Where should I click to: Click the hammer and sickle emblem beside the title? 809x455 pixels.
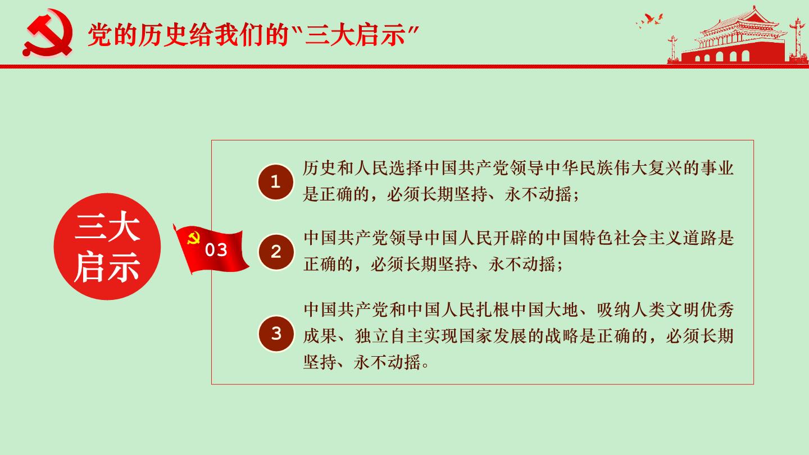pos(48,33)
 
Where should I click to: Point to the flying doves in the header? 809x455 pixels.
pos(649,20)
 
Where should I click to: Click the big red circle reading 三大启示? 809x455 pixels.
pos(107,247)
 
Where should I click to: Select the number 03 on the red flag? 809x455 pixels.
pos(216,250)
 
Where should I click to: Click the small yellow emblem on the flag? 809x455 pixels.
pos(194,238)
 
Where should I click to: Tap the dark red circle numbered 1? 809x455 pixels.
pos(275,182)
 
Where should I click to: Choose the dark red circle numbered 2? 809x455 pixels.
pos(276,252)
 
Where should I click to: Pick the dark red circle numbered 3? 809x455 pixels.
pos(276,334)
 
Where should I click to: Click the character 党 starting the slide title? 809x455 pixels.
pos(99,35)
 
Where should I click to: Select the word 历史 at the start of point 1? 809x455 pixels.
pos(320,169)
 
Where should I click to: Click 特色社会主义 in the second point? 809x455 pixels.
pos(631,238)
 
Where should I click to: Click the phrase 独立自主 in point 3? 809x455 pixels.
pos(389,336)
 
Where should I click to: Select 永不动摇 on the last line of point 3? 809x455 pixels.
pos(387,362)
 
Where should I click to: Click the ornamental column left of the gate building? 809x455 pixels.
pos(673,49)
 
